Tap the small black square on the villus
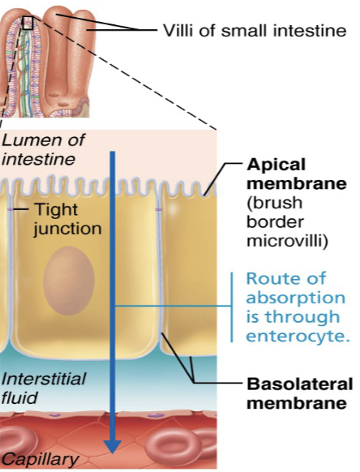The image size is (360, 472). pos(28,22)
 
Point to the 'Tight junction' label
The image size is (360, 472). pos(68,219)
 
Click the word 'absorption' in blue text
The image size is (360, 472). pos(295,298)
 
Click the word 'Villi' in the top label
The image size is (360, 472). pos(180,32)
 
